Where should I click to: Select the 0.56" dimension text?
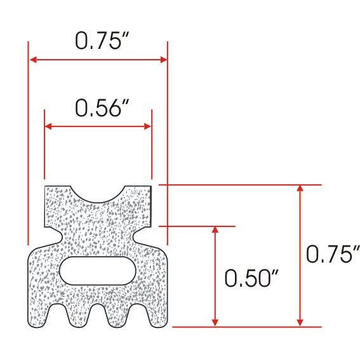coord(98,108)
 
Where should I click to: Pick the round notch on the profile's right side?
coord(143,235)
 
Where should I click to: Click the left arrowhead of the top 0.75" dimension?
coord(34,60)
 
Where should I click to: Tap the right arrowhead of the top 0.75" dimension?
coord(163,60)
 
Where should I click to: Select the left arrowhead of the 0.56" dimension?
coord(49,126)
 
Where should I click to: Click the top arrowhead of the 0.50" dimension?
coord(216,230)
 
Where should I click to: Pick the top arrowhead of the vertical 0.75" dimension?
coord(301,190)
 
